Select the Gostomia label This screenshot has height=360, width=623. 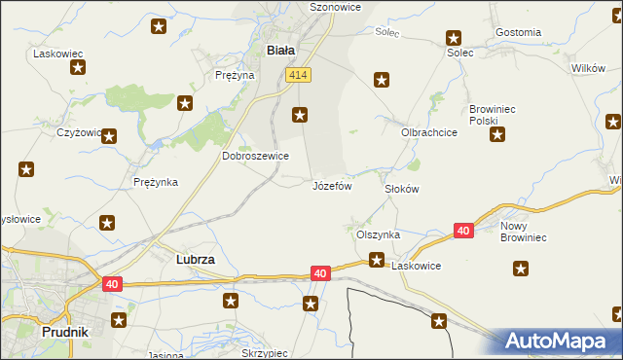(x=518, y=32)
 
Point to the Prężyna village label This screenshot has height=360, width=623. (x=234, y=74)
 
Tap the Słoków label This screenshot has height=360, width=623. (x=401, y=189)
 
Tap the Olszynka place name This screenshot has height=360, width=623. (x=378, y=234)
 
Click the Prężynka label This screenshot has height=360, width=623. (x=155, y=182)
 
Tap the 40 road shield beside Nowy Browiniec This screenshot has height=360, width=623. (x=464, y=231)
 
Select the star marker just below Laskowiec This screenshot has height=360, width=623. (x=77, y=68)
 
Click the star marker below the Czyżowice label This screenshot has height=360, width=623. (x=109, y=137)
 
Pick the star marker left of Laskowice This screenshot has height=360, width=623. (x=377, y=260)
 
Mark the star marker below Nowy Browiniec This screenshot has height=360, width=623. (x=522, y=269)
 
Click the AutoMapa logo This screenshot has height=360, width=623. (x=560, y=342)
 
